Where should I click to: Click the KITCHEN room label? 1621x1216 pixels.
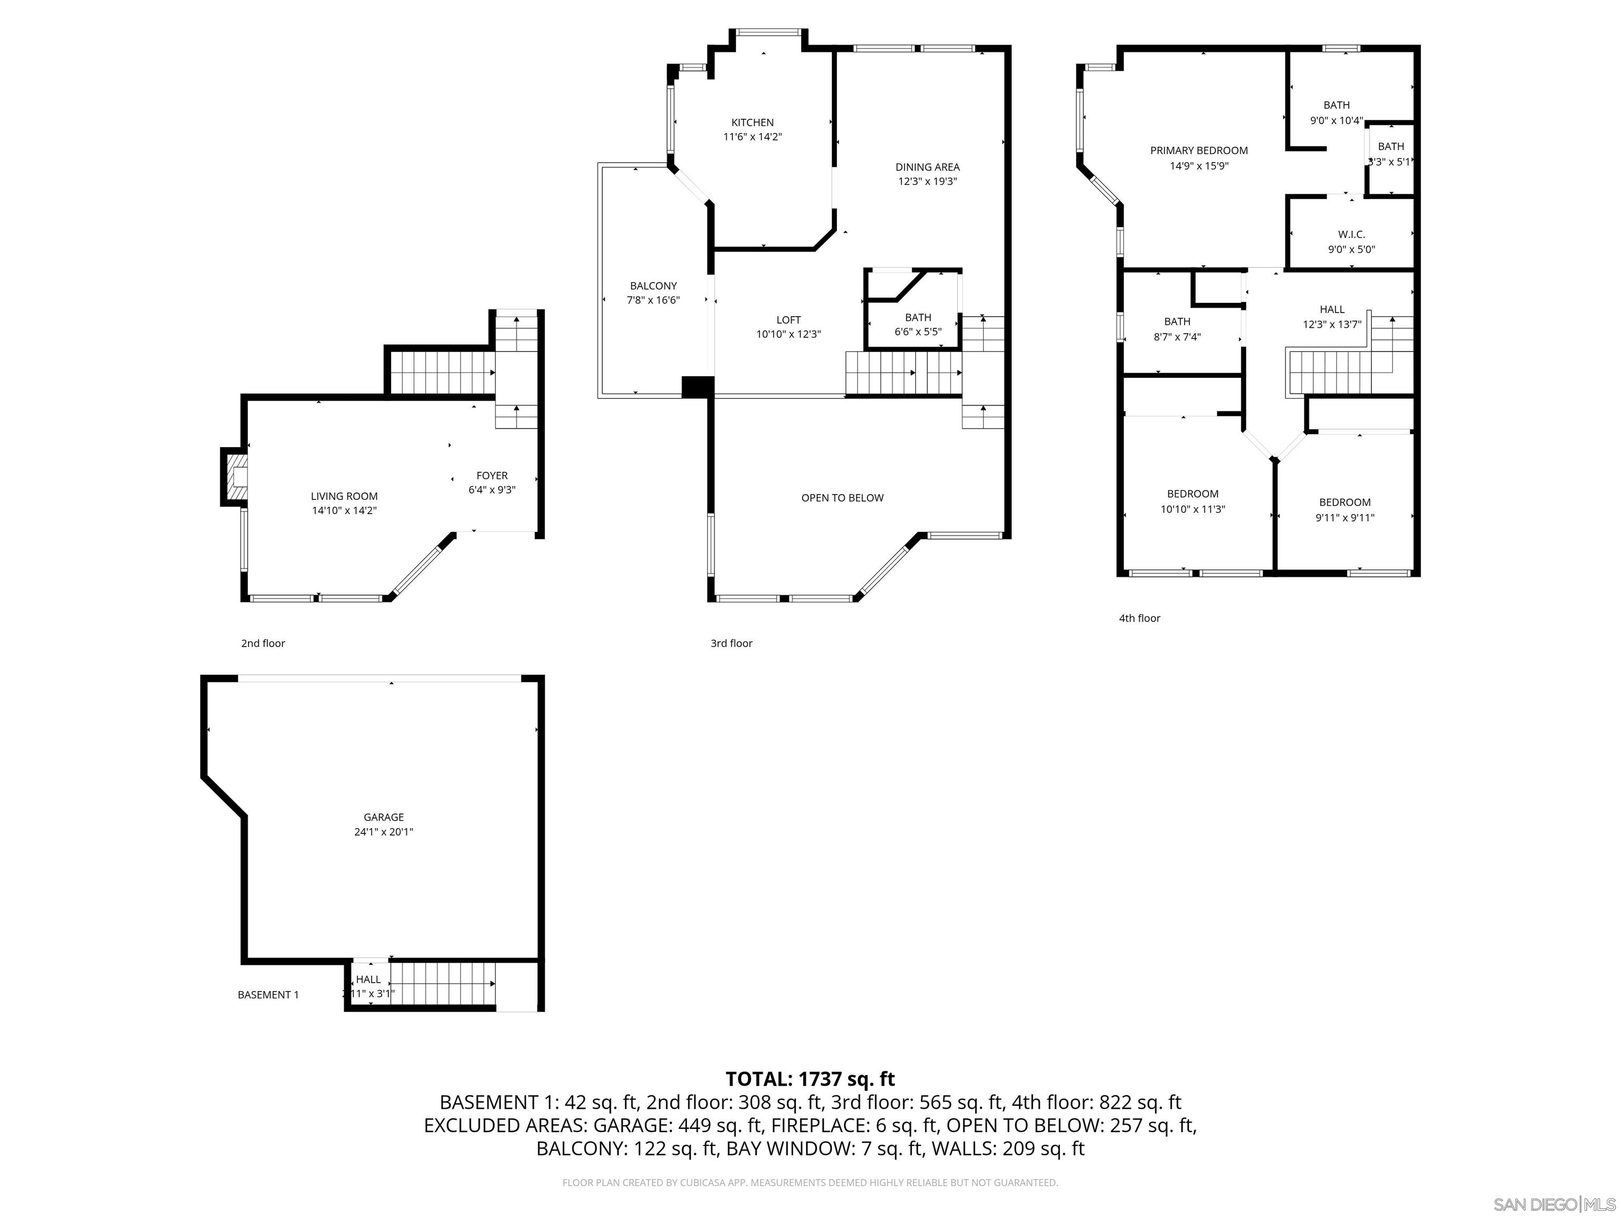click(752, 122)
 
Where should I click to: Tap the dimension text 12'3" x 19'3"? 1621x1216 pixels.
click(927, 182)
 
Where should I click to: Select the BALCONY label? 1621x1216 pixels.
click(653, 286)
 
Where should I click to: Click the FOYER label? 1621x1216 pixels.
click(492, 476)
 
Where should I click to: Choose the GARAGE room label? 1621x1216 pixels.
click(383, 817)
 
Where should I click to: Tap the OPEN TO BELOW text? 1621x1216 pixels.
click(842, 498)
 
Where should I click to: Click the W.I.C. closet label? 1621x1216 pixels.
click(1351, 234)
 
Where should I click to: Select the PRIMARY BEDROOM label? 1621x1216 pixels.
click(1198, 151)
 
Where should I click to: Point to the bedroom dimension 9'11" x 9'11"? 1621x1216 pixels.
click(1344, 517)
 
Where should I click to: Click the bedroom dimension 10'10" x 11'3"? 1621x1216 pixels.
click(1193, 509)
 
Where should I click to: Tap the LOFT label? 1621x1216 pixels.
click(788, 320)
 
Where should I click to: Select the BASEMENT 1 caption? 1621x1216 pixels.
click(268, 995)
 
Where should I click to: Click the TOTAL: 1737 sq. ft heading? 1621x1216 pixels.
click(810, 1079)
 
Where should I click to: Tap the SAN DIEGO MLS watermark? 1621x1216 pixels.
click(1553, 1204)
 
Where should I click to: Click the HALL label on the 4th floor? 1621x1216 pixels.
click(1331, 309)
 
